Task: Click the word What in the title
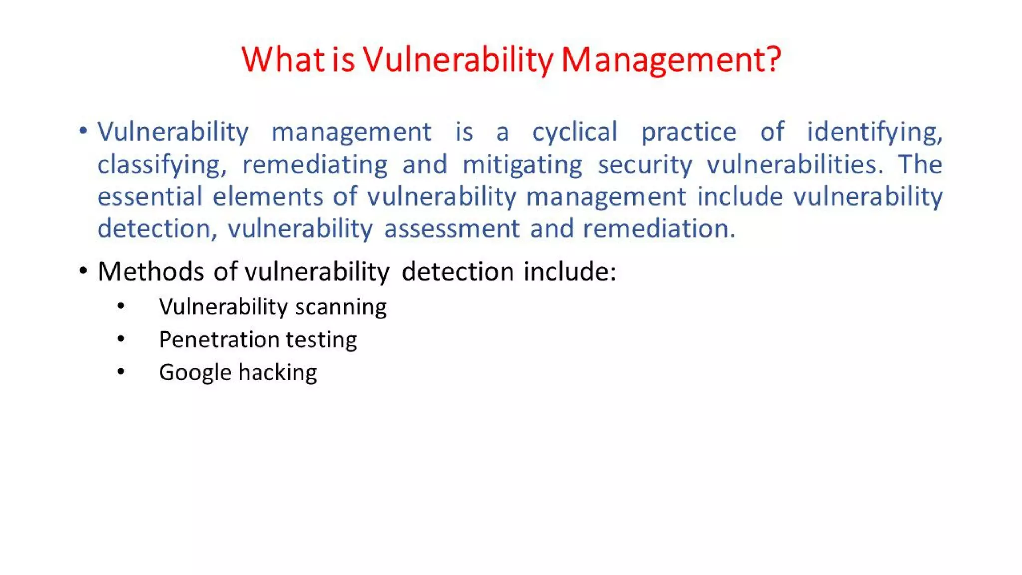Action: click(x=283, y=60)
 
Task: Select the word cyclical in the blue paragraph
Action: click(x=575, y=133)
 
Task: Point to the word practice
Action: click(x=688, y=133)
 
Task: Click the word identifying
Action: click(x=874, y=133)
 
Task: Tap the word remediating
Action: click(x=314, y=165)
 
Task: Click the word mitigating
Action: click(x=522, y=165)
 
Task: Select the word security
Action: click(x=645, y=165)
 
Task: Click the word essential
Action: click(x=149, y=196)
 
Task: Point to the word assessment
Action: click(x=452, y=229)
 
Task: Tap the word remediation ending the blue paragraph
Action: click(x=659, y=229)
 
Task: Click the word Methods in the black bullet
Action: click(x=150, y=272)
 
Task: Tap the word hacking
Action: click(x=277, y=372)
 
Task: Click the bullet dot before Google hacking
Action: click(x=121, y=372)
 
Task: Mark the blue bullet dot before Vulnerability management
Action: click(x=83, y=131)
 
